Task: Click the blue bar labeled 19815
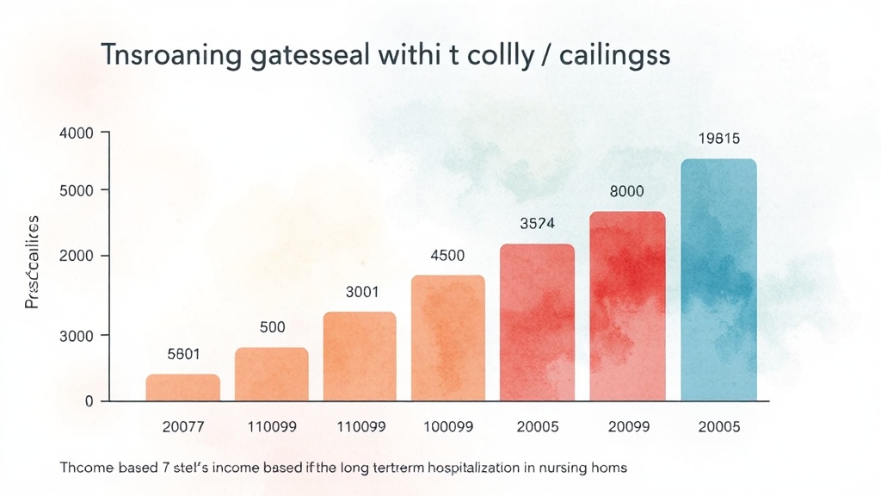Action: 718,280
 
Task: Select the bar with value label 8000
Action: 627,306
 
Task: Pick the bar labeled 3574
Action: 537,322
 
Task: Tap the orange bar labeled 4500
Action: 447,338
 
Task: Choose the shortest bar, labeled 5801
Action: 182,387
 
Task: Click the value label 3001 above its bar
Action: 362,292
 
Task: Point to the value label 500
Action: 272,327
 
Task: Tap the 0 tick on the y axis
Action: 89,401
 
